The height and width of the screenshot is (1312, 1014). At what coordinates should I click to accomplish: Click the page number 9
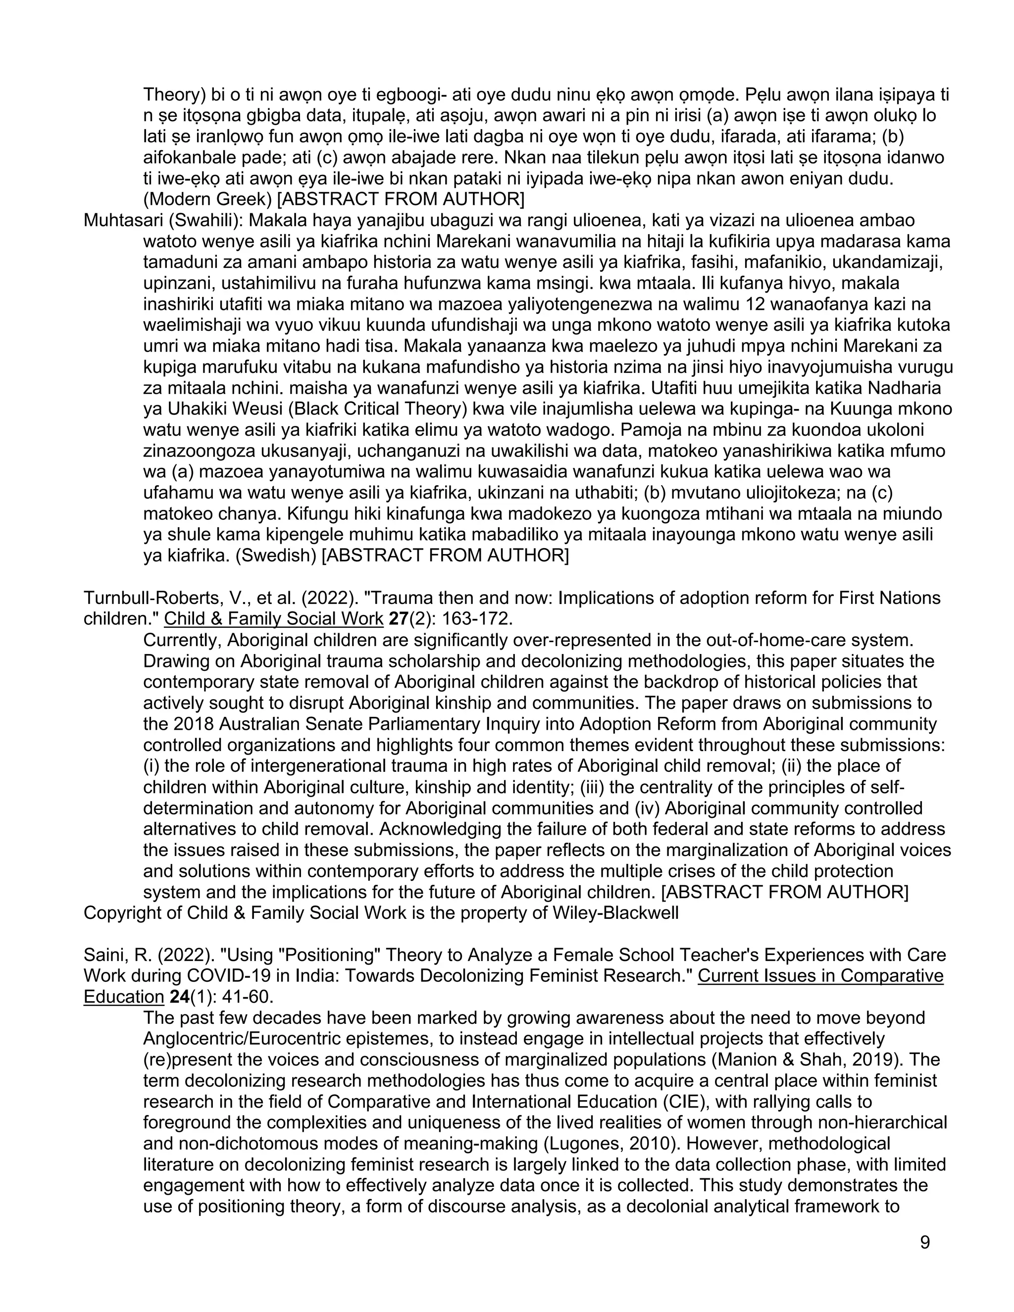point(924,1242)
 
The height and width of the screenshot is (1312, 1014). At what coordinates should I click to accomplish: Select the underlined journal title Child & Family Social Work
point(273,619)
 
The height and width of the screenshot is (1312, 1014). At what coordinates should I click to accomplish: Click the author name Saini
point(101,955)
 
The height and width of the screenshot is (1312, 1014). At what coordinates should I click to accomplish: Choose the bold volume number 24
point(180,997)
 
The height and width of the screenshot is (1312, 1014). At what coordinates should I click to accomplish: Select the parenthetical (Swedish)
point(276,555)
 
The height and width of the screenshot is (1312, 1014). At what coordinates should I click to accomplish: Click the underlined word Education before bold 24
point(123,997)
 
